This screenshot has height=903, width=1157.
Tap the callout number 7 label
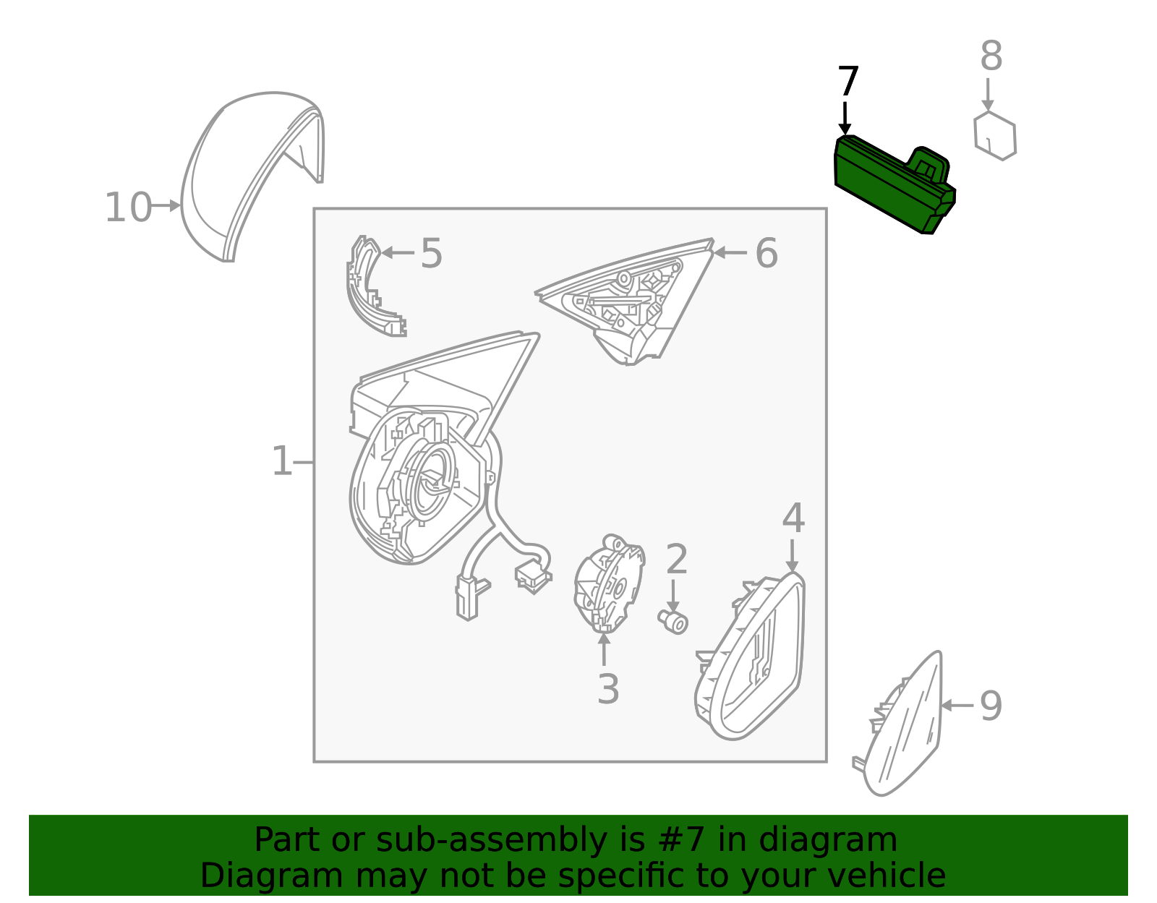click(x=848, y=82)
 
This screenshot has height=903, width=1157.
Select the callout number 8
click(x=991, y=56)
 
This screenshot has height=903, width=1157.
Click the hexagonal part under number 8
click(x=995, y=136)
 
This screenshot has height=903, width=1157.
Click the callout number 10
click(x=128, y=207)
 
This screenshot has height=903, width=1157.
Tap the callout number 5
click(x=431, y=253)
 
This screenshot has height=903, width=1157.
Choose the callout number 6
click(x=767, y=253)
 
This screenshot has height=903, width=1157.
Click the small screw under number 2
click(x=673, y=622)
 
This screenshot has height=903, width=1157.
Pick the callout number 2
click(x=677, y=560)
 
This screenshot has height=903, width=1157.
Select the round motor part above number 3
click(x=609, y=583)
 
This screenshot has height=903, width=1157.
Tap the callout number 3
click(x=608, y=689)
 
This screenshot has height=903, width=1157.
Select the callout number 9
click(x=991, y=706)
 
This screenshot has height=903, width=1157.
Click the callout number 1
click(x=282, y=461)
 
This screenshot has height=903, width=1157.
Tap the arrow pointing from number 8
click(x=988, y=95)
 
